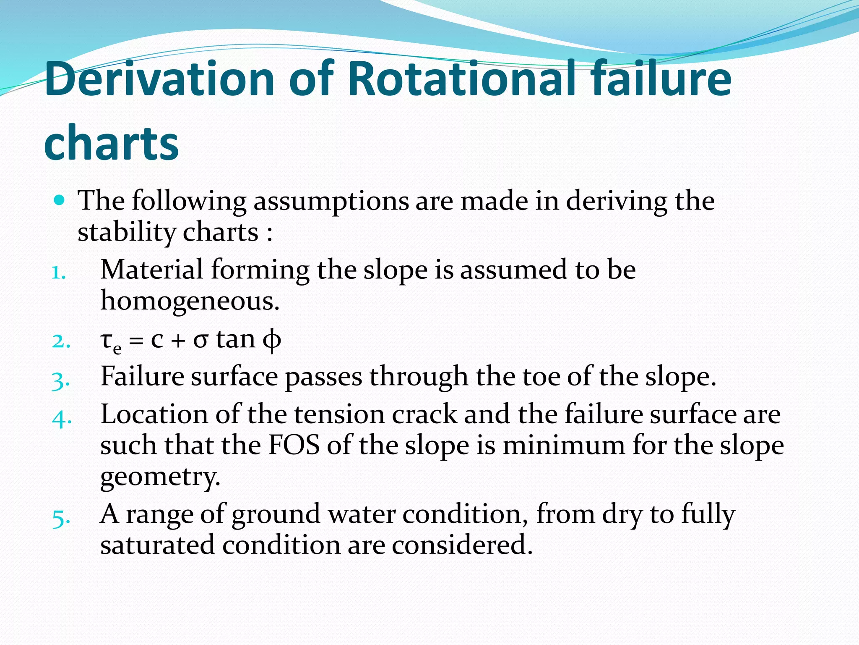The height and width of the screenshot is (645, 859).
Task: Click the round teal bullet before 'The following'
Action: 60,199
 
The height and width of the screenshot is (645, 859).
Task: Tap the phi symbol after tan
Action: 271,340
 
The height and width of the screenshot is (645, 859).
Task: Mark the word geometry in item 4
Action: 160,477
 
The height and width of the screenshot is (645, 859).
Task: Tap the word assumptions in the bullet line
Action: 331,201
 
